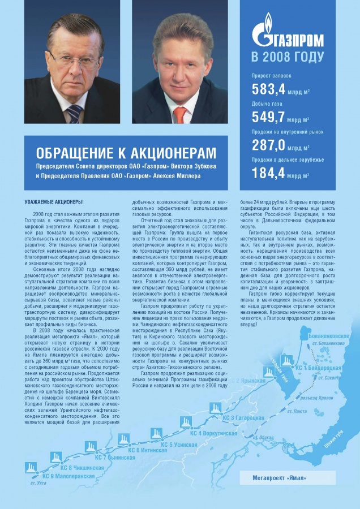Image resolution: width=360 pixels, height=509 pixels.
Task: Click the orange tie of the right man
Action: (x=180, y=114)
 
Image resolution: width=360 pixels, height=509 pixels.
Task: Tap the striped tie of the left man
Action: (x=74, y=113)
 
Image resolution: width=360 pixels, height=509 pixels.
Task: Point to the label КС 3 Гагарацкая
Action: (x=244, y=417)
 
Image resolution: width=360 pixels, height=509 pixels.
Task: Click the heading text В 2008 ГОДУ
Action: (x=288, y=57)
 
